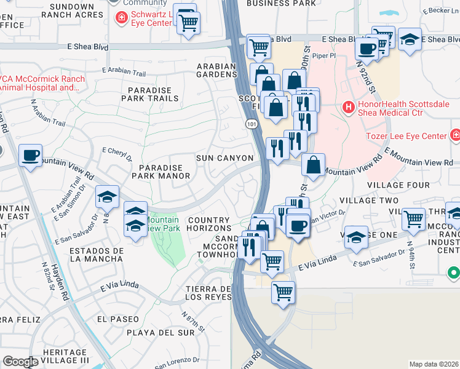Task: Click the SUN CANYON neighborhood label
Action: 224,158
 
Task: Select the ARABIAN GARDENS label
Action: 216,70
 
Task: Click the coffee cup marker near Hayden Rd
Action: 30,156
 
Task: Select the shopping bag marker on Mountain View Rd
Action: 314,165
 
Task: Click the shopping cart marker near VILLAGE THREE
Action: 413,218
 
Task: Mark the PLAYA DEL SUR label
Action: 152,333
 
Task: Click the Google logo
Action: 20,362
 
